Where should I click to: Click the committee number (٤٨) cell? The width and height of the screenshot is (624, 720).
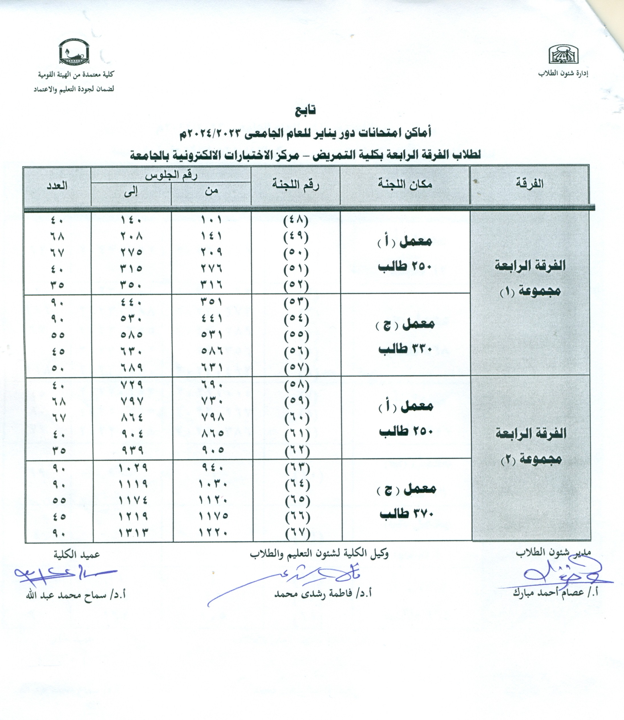pos(296,220)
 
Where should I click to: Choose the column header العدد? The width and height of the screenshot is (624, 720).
pos(57,186)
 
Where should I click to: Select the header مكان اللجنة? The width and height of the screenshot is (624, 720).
pos(405,184)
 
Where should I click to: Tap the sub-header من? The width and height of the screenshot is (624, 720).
pos(211,191)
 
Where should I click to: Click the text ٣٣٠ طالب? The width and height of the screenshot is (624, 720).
pos(405,349)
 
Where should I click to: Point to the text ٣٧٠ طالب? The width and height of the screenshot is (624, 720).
pos(406,514)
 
